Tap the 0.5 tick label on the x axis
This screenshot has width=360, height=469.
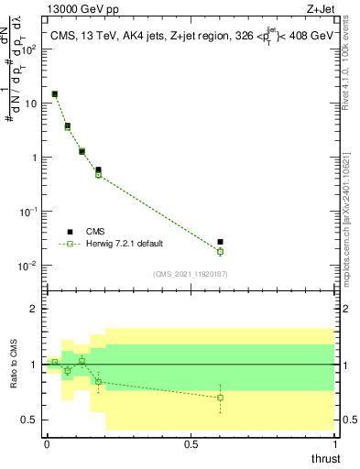pos(191,444)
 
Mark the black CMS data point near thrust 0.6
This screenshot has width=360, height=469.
pos(220,242)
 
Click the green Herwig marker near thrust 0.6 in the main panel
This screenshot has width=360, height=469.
pos(220,251)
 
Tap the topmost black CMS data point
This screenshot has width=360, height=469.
pos(55,93)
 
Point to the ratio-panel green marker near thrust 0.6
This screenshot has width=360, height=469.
pos(220,398)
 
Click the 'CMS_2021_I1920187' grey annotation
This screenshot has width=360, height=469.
pos(191,274)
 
